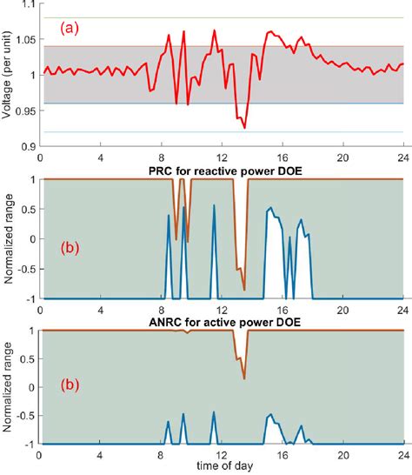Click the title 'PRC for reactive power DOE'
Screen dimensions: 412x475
click(x=225, y=171)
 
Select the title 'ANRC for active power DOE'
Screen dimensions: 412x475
click(x=225, y=322)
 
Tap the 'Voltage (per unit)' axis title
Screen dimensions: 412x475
click(x=6, y=75)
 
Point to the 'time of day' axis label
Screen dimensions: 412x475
click(x=225, y=465)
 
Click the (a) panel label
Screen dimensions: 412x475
click(x=70, y=29)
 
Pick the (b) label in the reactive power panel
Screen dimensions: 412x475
click(x=70, y=248)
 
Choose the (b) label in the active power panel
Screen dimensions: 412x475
click(x=70, y=385)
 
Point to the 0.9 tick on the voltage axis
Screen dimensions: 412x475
click(x=30, y=147)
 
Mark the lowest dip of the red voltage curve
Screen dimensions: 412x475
click(x=244, y=128)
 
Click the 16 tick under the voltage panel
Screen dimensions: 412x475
click(x=282, y=157)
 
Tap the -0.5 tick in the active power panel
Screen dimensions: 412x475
click(x=27, y=415)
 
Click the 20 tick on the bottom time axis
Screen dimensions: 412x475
click(x=343, y=455)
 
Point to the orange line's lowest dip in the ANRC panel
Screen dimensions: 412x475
click(x=244, y=378)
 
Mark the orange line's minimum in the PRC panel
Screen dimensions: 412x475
click(x=244, y=291)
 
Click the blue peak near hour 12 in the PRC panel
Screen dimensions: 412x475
click(x=214, y=205)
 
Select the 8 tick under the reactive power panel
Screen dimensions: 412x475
click(x=161, y=311)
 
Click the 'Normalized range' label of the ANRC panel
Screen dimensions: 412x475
click(x=7, y=387)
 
